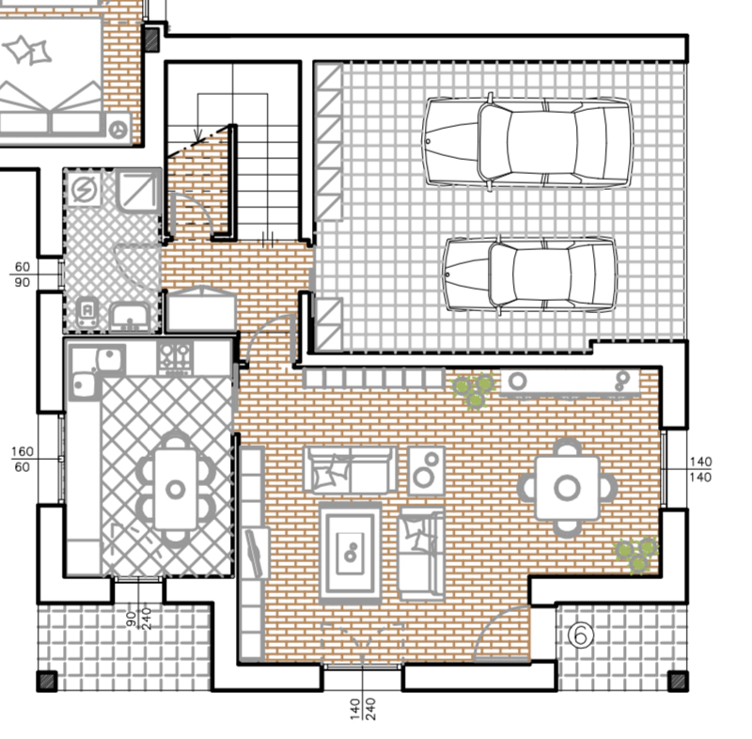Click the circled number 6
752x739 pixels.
pos(580,635)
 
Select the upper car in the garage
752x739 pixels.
pos(527,142)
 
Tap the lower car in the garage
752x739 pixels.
pos(529,275)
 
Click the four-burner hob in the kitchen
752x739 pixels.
pos(175,358)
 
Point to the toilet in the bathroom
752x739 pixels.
pos(86,312)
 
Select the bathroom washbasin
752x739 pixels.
pos(130,317)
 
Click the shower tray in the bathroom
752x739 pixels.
pos(138,191)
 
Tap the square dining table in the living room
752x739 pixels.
pos(568,488)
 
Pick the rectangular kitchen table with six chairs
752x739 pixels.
pos(176,490)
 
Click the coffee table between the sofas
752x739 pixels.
pos(350,553)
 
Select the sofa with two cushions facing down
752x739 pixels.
pos(350,469)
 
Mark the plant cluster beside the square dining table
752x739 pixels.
pos(637,556)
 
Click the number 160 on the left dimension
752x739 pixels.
pos(22,451)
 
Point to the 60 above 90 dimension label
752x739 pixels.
pos(22,275)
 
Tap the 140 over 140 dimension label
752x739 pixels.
pos(700,469)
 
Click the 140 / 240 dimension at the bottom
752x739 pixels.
pos(363,710)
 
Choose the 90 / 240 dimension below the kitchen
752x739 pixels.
pos(138,618)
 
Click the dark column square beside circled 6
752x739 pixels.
pos(678,681)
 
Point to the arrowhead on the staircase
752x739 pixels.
pos(198,135)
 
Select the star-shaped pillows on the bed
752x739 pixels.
pos(27,50)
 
